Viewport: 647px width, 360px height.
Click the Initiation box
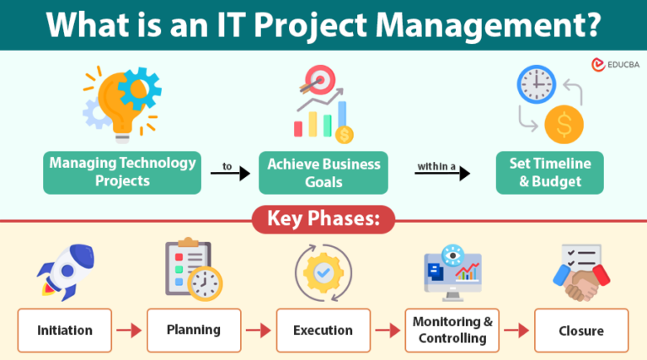pyautogui.click(x=65, y=330)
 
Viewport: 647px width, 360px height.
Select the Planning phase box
pyautogui.click(x=195, y=330)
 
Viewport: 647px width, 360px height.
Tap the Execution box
pyautogui.click(x=323, y=330)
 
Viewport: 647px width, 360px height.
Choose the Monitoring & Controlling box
pyautogui.click(x=452, y=330)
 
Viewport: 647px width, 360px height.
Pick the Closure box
pyautogui.click(x=581, y=330)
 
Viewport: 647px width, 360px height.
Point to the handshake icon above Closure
pyautogui.click(x=580, y=275)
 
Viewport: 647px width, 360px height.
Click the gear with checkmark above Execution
pyautogui.click(x=323, y=273)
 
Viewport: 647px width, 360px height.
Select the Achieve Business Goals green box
pyautogui.click(x=323, y=173)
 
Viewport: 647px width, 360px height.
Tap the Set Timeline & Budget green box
pyautogui.click(x=549, y=173)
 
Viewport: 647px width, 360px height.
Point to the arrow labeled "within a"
pyautogui.click(x=441, y=173)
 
